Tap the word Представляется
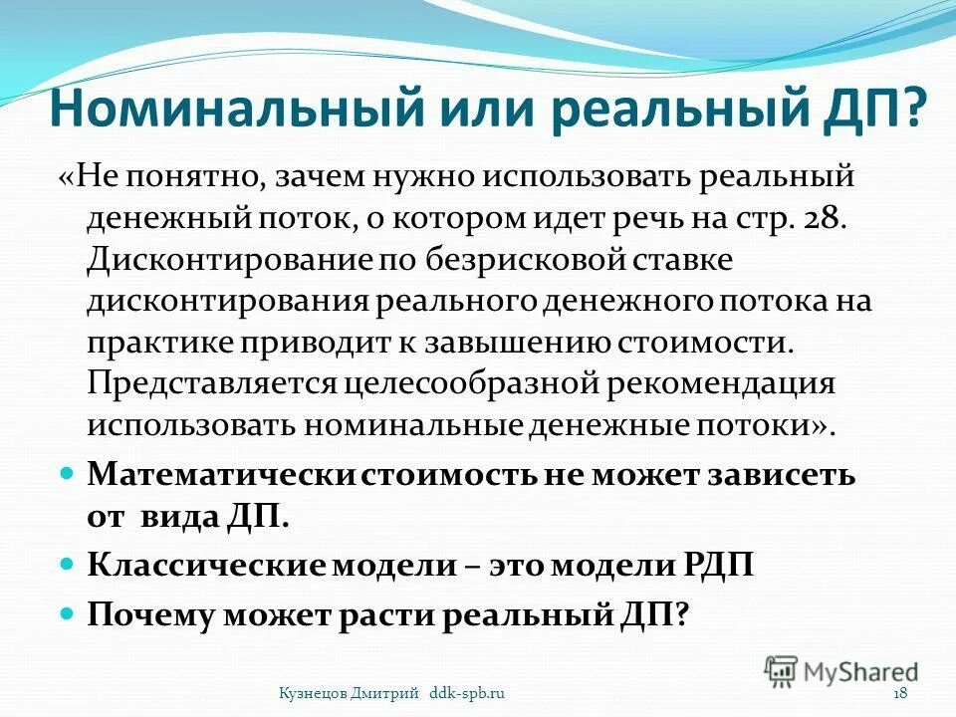click(x=204, y=383)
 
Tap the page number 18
click(x=900, y=692)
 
